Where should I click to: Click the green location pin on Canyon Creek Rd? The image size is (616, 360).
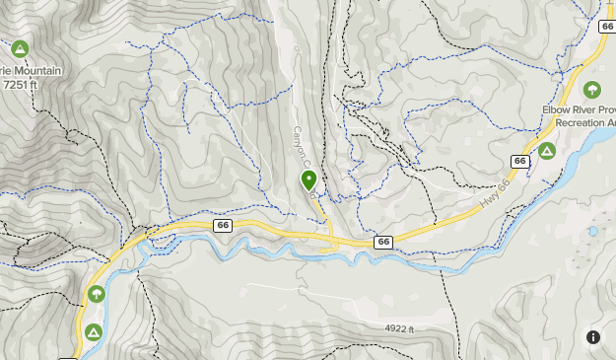[308, 180]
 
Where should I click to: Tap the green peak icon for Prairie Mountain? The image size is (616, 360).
[20, 48]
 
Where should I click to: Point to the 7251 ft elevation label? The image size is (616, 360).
[21, 85]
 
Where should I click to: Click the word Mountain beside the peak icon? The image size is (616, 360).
[37, 71]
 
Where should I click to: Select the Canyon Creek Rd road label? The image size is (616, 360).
[305, 158]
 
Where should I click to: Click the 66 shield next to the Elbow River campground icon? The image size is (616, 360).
[519, 161]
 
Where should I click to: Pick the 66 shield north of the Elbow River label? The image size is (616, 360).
[605, 27]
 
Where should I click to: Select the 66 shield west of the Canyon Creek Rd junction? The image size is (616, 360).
[223, 226]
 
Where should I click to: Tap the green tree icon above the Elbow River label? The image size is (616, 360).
[591, 90]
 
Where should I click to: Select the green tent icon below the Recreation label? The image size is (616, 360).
[545, 151]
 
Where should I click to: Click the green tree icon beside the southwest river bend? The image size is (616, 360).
[96, 294]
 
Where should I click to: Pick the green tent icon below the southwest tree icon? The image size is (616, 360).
[94, 330]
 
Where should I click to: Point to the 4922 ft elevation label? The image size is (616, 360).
[400, 327]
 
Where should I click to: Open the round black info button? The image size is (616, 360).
[592, 337]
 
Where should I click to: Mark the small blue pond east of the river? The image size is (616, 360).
[592, 231]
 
